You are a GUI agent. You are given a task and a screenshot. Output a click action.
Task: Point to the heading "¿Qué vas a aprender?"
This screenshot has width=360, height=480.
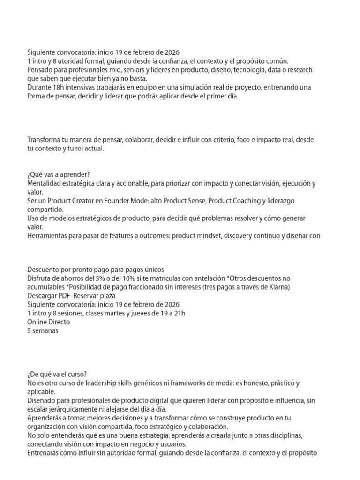point(58,174)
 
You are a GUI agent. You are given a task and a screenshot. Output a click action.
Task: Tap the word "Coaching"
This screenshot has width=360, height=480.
point(244,201)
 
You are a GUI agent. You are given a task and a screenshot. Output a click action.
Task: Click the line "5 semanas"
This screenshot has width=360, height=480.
point(43,330)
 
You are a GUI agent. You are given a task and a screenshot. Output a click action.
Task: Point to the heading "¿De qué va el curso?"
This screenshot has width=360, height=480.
point(57,374)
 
